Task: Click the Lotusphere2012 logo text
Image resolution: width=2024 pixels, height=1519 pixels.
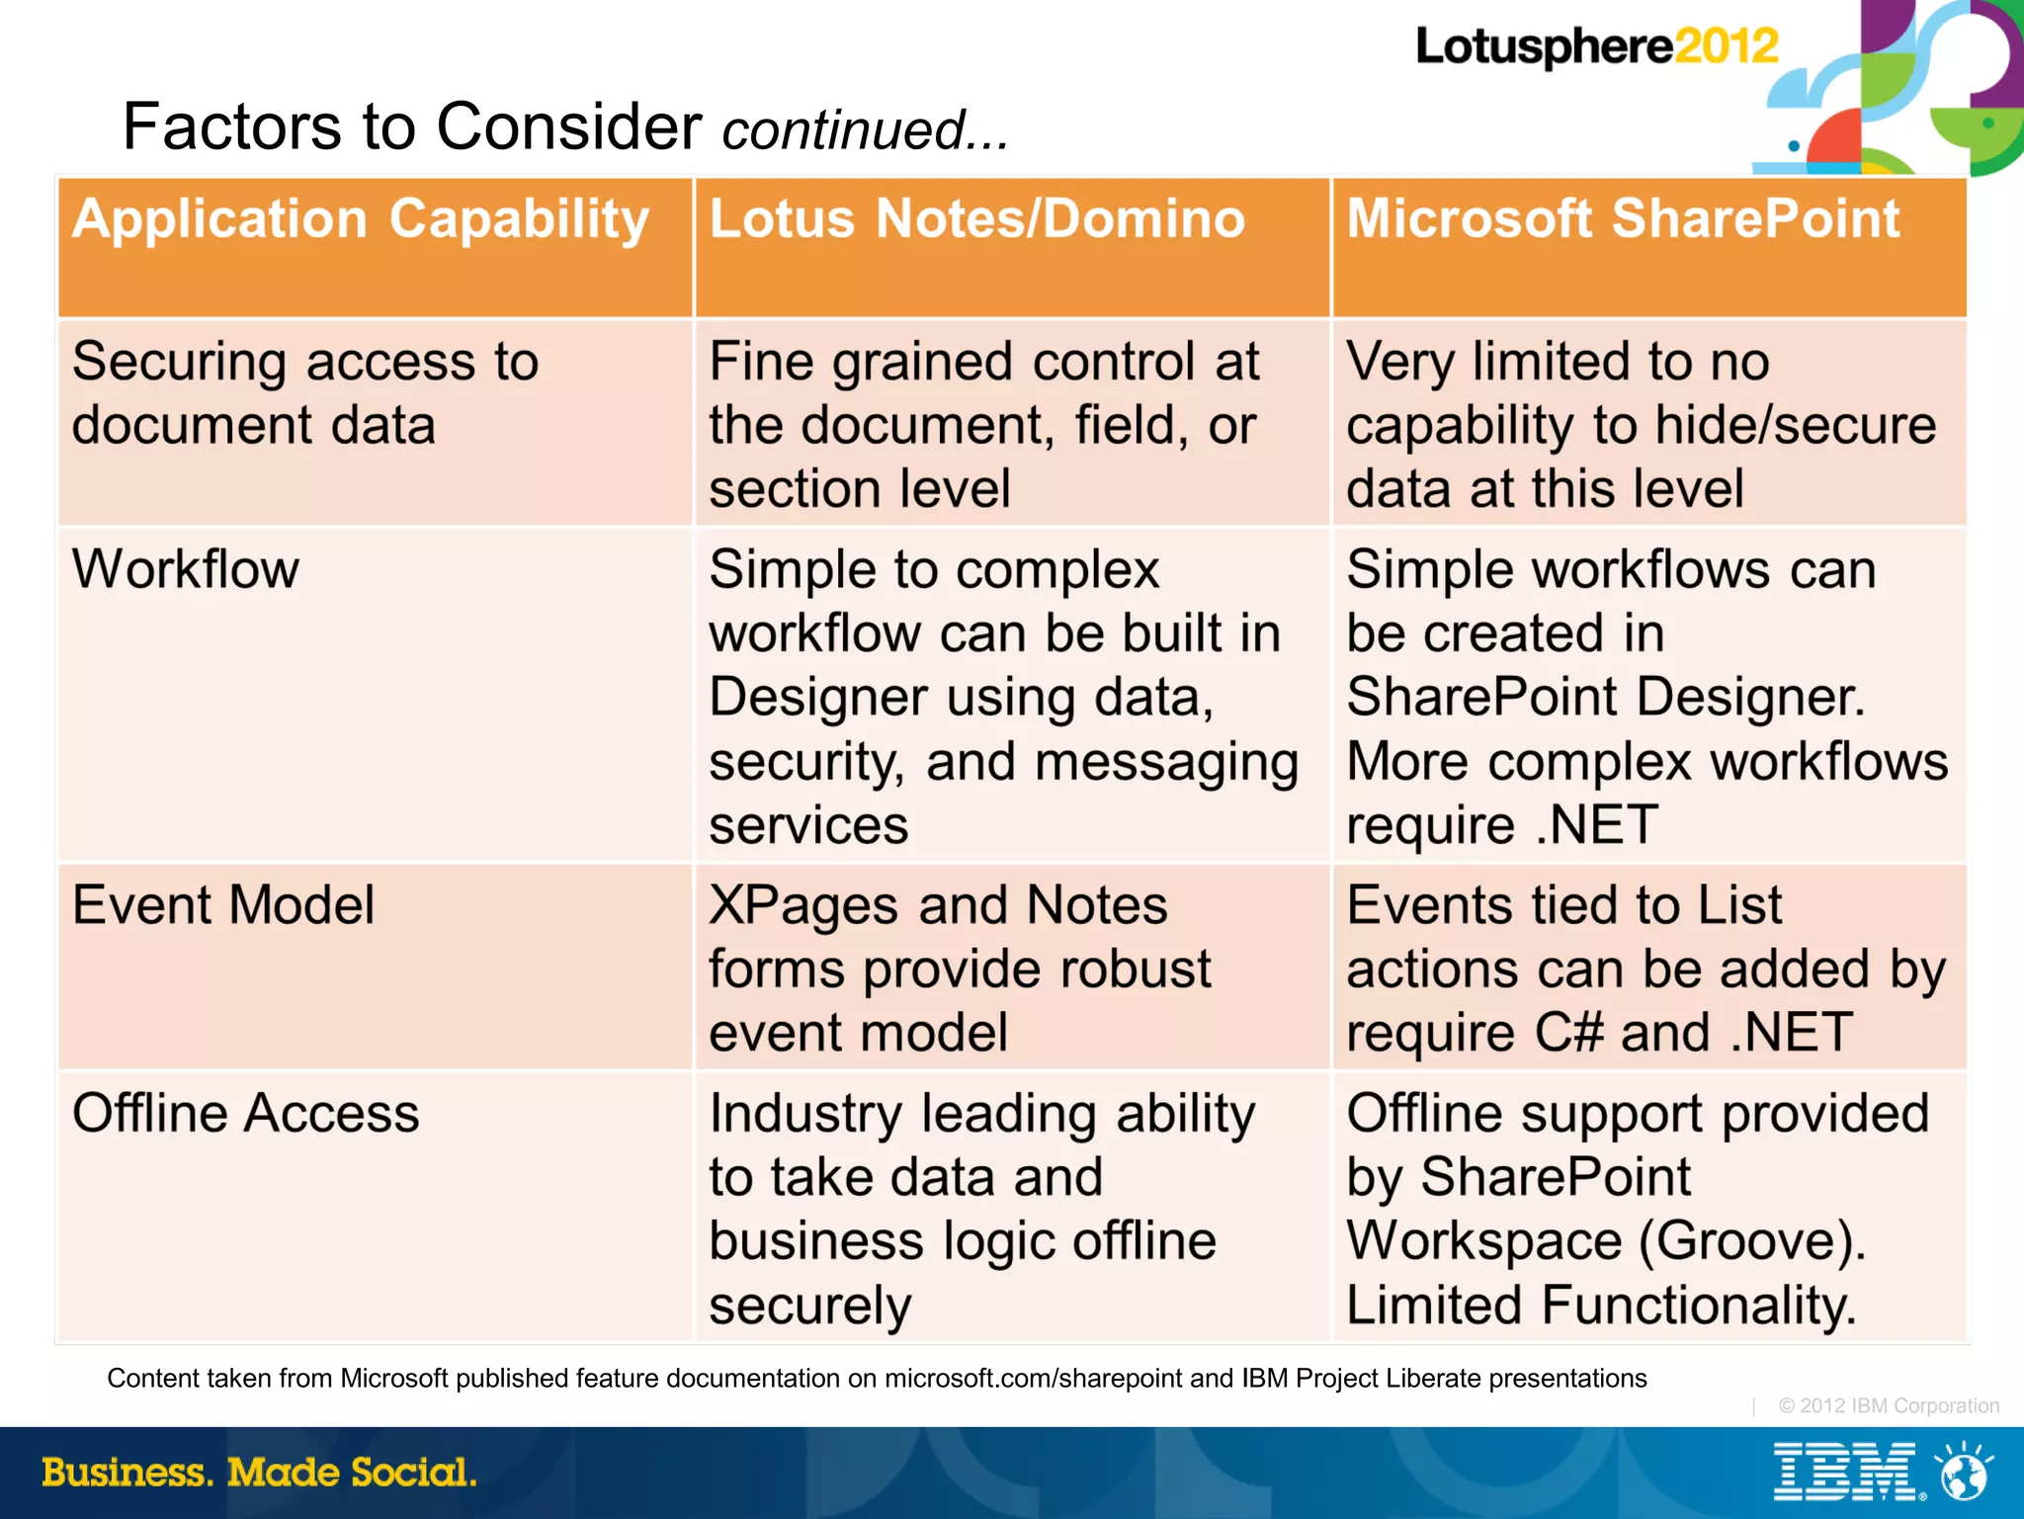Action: pyautogui.click(x=1595, y=46)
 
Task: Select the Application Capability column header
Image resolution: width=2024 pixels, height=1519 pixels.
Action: pyautogui.click(x=361, y=218)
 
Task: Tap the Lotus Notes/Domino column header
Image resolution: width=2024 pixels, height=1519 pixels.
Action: pyautogui.click(x=976, y=218)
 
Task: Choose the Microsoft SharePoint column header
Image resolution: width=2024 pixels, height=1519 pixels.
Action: pyautogui.click(x=1622, y=218)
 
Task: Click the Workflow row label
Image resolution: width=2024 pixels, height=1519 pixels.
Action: pyautogui.click(x=186, y=570)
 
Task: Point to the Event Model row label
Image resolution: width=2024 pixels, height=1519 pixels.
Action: pyautogui.click(x=223, y=905)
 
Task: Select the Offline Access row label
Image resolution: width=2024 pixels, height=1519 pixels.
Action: pyautogui.click(x=245, y=1114)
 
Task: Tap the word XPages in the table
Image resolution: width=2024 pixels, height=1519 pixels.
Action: pyautogui.click(x=803, y=906)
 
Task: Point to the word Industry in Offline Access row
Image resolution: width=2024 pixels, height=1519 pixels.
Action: pyautogui.click(x=805, y=1114)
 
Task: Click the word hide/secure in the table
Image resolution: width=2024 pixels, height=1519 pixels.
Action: pyautogui.click(x=1795, y=426)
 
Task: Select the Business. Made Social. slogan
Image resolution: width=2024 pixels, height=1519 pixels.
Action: pyautogui.click(x=259, y=1473)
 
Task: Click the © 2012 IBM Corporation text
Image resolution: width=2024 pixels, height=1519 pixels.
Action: pyautogui.click(x=1888, y=1406)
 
